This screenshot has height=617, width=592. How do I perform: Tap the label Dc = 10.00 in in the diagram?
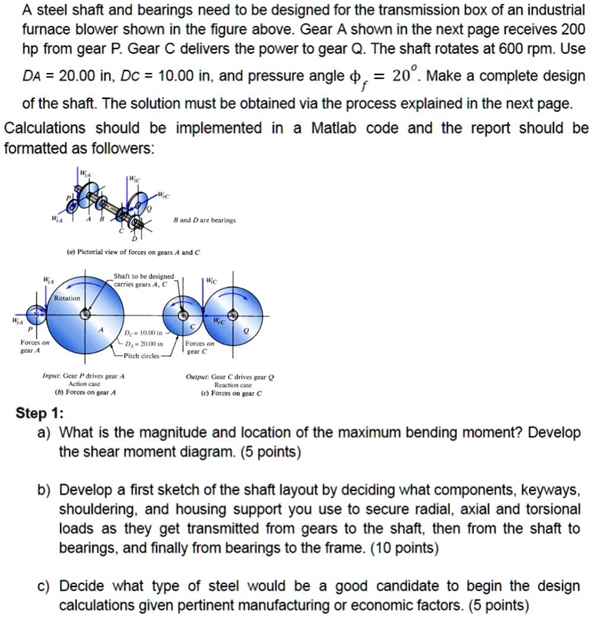pos(144,333)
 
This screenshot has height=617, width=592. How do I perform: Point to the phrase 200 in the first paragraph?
pos(572,29)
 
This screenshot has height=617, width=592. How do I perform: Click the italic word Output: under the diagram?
pos(199,377)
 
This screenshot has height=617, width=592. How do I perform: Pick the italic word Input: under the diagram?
pos(55,377)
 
